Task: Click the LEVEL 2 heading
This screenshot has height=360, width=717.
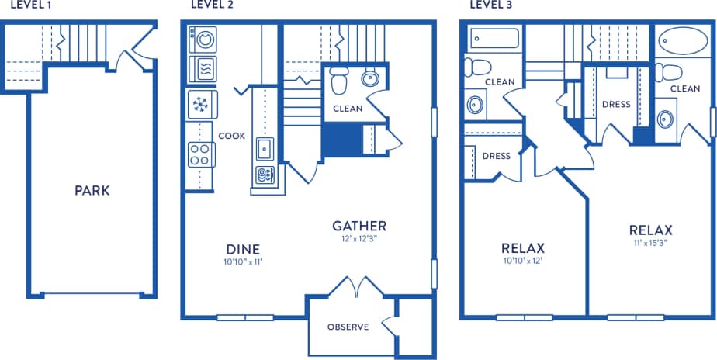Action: click(x=212, y=5)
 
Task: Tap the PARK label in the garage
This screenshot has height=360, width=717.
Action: click(x=92, y=190)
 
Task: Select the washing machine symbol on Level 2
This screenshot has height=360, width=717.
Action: click(x=204, y=40)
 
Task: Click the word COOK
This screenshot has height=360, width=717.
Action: click(x=231, y=136)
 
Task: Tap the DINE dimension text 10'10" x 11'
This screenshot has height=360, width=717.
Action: click(x=242, y=263)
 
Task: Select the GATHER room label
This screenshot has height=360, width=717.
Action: click(x=358, y=226)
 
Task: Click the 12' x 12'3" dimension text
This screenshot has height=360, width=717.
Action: click(x=358, y=240)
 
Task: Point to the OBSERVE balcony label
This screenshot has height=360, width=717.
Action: click(x=347, y=327)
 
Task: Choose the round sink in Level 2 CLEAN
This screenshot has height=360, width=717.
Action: click(x=371, y=78)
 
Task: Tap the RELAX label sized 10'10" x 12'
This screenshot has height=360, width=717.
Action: click(x=522, y=248)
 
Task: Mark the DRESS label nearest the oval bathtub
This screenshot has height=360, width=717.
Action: click(x=615, y=103)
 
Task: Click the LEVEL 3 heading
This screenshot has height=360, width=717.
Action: click(x=491, y=5)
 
